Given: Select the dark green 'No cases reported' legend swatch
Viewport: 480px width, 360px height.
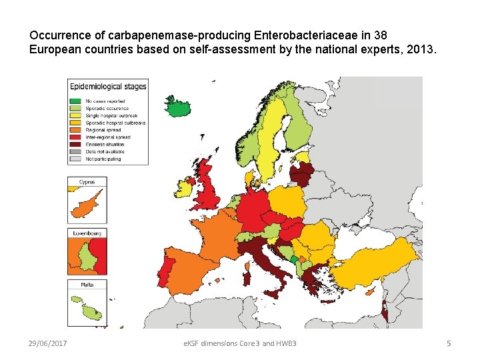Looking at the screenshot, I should point(76,101).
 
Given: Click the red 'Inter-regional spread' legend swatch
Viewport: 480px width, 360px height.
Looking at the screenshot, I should point(76,137).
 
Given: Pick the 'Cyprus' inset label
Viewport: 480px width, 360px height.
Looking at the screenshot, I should point(87,182).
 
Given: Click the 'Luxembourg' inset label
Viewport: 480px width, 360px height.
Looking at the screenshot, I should point(87,233).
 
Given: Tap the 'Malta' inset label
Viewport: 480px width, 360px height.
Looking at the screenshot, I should point(87,285).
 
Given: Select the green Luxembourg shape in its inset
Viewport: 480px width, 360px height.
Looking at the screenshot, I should point(87,257).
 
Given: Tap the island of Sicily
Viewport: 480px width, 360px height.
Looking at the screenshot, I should point(272,294).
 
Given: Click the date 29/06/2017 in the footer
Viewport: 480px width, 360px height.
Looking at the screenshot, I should point(51,343).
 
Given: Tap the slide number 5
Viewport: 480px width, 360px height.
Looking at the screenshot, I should point(449,343).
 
